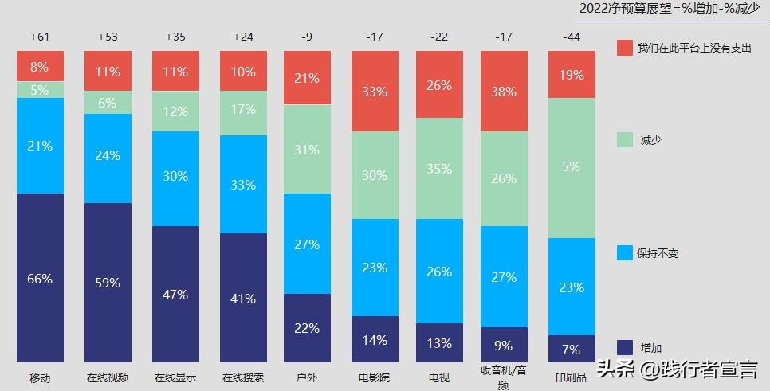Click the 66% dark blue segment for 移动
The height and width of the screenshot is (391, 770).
40,278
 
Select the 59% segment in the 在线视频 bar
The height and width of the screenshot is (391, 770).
108,283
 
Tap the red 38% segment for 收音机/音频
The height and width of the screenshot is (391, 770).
504,91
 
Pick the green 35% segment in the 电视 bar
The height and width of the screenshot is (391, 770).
439,169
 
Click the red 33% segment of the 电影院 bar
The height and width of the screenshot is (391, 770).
375,92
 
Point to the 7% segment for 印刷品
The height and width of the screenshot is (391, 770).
572,349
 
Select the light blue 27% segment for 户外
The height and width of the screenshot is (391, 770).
307,244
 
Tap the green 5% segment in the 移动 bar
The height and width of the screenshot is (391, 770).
40,90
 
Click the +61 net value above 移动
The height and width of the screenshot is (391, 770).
40,37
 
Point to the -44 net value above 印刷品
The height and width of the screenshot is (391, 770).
572,37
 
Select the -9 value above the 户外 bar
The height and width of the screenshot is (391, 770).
307,37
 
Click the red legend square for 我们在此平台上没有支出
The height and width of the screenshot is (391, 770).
625,49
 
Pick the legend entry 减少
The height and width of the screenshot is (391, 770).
649,140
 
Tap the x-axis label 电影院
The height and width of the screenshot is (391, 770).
375,377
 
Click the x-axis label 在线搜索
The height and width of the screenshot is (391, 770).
243,377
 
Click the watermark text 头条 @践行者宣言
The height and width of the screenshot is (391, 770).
678,369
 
